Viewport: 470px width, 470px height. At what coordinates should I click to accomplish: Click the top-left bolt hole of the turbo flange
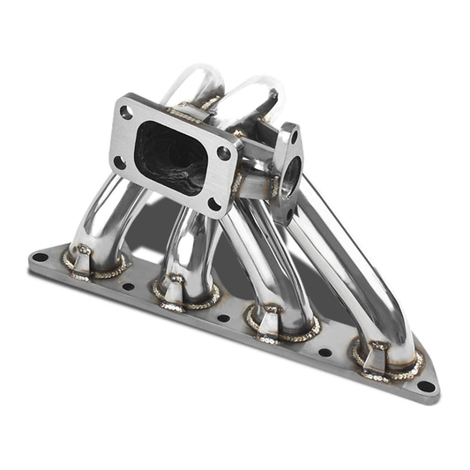click(x=128, y=113)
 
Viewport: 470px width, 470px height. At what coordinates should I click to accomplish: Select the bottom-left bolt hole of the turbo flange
click(x=119, y=162)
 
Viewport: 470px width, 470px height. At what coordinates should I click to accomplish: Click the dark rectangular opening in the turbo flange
click(x=173, y=157)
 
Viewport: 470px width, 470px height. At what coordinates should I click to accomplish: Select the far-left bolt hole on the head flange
click(x=41, y=257)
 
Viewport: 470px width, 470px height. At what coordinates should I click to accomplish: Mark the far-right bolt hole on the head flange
click(x=426, y=385)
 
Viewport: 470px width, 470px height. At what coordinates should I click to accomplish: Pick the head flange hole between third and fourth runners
click(x=325, y=352)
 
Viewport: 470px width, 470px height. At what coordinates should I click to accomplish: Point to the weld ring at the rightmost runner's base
click(x=385, y=363)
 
